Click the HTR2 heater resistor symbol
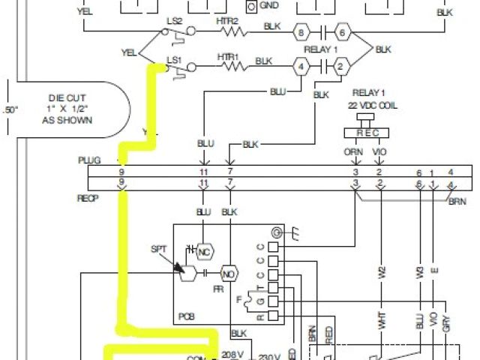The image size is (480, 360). click(234, 33)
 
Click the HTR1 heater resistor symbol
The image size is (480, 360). click(235, 67)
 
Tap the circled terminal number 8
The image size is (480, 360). click(301, 33)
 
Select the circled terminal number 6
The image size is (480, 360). click(342, 33)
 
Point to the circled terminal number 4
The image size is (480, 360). click(301, 67)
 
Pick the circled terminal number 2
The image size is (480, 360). click(340, 67)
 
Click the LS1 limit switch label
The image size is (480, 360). click(173, 59)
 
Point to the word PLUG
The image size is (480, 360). click(88, 161)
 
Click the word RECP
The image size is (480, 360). click(88, 199)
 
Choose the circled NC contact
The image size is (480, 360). click(202, 251)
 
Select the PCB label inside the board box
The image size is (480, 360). click(186, 318)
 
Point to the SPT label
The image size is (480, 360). click(158, 248)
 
